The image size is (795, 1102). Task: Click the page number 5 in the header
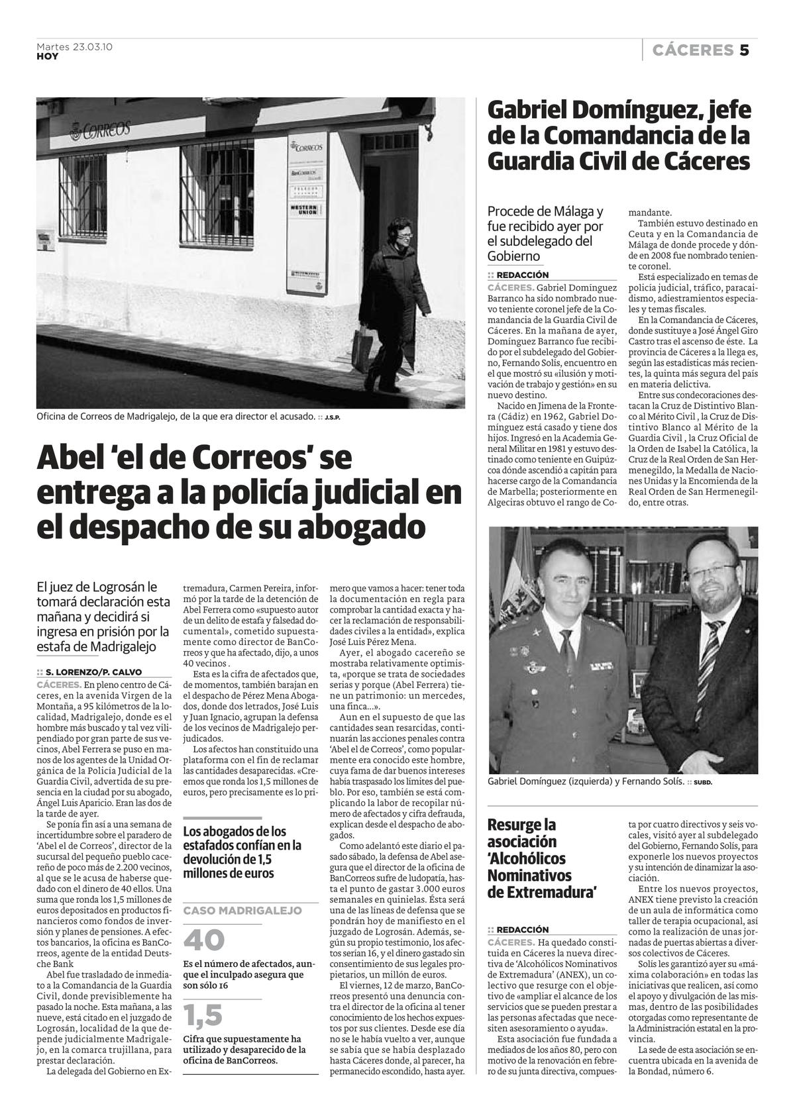click(x=744, y=50)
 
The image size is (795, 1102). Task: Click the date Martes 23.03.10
click(x=74, y=46)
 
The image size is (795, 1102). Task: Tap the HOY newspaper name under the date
click(x=47, y=57)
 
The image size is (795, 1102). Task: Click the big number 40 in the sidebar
click(x=204, y=940)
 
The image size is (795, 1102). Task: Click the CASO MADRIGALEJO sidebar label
click(x=242, y=911)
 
